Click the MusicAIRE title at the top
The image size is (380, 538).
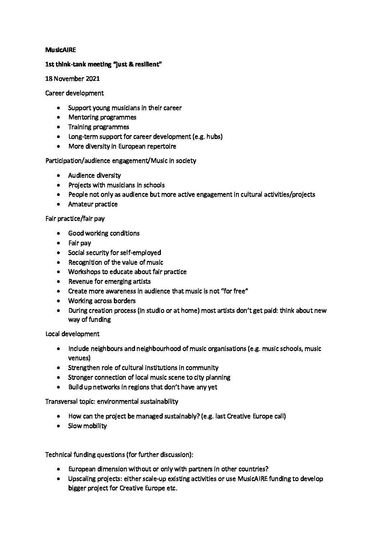tap(60, 50)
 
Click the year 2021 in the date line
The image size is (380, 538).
tap(92, 79)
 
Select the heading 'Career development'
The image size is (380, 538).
tap(74, 93)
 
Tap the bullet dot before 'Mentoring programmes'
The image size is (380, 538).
tap(59, 118)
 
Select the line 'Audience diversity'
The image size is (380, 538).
tap(94, 175)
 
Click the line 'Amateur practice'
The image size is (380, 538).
tap(93, 204)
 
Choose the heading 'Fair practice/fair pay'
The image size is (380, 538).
tap(75, 219)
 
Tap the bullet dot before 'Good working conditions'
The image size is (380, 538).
tap(59, 234)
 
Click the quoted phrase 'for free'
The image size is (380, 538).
tap(234, 291)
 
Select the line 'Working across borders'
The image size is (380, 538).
tap(102, 301)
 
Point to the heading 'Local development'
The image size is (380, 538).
tap(72, 334)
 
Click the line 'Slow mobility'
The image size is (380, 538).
tap(87, 426)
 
